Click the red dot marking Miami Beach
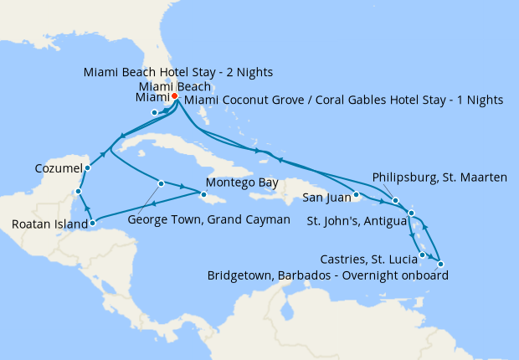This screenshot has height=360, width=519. tap(175, 97)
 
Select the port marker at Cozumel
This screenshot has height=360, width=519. tap(88, 167)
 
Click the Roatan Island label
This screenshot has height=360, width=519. tap(49, 224)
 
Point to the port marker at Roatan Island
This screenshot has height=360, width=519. tap(92, 224)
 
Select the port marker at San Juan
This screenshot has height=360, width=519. tap(356, 197)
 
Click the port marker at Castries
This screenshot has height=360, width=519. tap(423, 255)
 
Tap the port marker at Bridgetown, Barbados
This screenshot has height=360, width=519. tap(440, 265)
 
